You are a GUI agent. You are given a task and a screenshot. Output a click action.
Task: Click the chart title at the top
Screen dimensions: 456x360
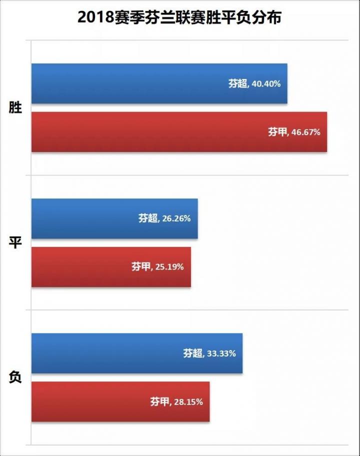point(179,18)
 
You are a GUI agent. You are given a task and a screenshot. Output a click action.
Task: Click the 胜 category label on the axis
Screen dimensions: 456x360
point(15,107)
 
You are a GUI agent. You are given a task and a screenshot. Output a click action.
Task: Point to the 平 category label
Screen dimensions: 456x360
point(15,242)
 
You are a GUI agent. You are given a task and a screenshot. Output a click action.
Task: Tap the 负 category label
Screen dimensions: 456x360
point(15,377)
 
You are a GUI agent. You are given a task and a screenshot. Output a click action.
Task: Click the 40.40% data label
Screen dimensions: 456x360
point(266,84)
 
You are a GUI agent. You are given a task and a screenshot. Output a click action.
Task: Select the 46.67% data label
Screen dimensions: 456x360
point(305,132)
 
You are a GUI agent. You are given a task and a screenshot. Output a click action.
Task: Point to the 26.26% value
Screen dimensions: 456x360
point(176,219)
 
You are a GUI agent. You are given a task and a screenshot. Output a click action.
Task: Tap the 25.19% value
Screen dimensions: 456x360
point(169,267)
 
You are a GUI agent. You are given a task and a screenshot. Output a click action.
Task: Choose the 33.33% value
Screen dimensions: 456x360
point(221,353)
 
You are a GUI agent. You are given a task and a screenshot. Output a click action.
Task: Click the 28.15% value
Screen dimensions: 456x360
point(188,402)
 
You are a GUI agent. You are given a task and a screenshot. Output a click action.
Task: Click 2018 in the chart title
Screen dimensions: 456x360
point(95,18)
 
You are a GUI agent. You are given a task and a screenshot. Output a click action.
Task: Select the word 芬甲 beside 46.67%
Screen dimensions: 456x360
point(277,132)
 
